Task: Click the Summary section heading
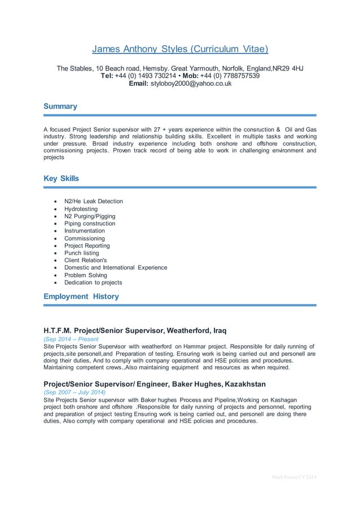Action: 60,106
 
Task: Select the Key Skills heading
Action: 62,178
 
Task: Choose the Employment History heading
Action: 81,296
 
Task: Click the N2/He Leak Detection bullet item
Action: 93,201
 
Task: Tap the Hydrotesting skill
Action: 81,209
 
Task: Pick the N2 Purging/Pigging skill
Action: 90,216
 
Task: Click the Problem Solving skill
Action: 85,275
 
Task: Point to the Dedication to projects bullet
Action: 93,282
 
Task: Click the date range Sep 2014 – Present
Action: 71,339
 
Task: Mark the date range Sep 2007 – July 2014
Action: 74,392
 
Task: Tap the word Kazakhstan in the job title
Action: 245,384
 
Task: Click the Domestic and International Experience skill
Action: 115,267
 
